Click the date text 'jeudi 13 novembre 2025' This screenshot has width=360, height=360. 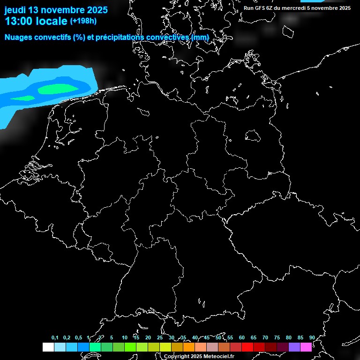pos(56,10)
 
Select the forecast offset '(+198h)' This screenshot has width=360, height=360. pos(83,21)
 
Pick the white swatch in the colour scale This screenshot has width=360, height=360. pos(48,347)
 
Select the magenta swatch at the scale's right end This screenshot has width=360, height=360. pos(306,347)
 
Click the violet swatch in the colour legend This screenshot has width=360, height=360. pos(294,347)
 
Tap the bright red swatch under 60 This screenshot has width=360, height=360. pos(247,347)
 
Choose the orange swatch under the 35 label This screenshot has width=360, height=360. pos(189,347)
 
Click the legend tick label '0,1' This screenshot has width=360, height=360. pos(55,337)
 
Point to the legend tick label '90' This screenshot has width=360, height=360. pos(312,337)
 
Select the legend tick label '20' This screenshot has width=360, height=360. pos(148,337)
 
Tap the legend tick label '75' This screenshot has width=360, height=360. pos(277,337)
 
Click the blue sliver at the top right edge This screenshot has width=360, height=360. pos(311,1)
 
